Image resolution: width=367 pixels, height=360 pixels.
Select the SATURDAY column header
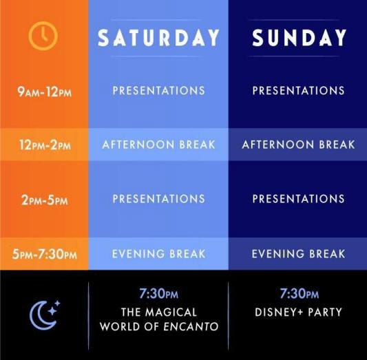[158, 38]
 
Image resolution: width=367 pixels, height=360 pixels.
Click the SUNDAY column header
[299, 38]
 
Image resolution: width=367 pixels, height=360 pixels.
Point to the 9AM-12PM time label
[44, 92]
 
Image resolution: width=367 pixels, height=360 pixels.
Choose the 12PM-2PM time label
[45, 145]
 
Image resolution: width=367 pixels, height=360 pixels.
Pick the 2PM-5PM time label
[45, 200]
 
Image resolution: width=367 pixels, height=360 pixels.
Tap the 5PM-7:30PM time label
[45, 254]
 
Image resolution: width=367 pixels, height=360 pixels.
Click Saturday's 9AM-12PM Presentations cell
[158, 91]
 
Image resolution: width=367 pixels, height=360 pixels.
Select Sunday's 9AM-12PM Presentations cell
[298, 91]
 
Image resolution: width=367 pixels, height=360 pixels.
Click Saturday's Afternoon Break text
[158, 145]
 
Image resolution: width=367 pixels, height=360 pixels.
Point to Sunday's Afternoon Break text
[298, 145]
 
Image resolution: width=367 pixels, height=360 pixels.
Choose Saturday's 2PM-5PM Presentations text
[158, 199]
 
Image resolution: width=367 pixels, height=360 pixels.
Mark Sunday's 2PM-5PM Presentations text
[298, 199]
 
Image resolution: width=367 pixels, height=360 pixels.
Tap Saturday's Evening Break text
[158, 254]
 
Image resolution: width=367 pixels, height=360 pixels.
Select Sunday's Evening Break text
[298, 254]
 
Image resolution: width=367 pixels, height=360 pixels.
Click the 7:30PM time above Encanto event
[158, 293]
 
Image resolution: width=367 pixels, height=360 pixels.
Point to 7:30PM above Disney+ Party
[300, 293]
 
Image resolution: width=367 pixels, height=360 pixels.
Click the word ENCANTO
[191, 326]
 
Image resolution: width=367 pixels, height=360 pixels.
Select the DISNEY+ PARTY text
[298, 312]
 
